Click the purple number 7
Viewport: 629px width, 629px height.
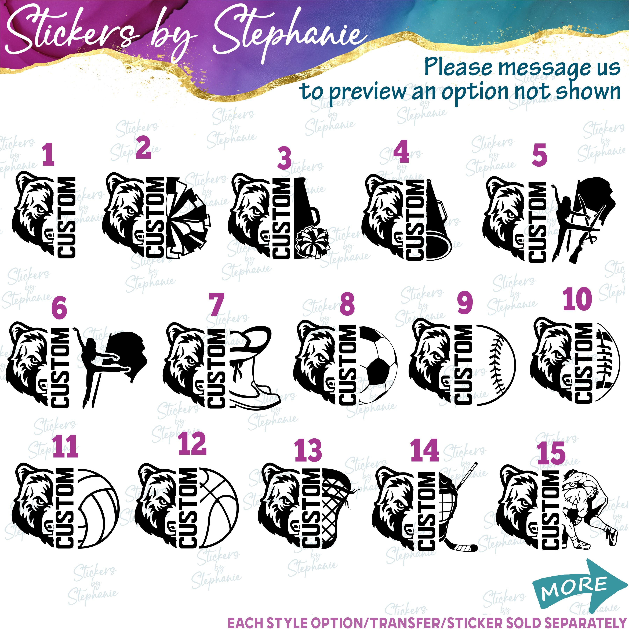click(216, 305)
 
